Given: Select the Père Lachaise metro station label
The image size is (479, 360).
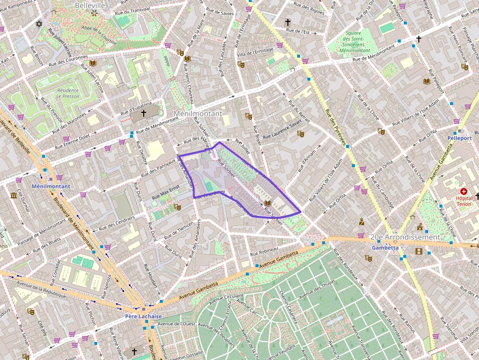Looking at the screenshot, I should tap(143, 316).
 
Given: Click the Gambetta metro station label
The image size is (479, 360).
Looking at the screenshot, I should tap(385, 247).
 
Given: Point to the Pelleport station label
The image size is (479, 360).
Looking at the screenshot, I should tap(459, 138).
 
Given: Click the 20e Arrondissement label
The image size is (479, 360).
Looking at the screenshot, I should tap(405, 237).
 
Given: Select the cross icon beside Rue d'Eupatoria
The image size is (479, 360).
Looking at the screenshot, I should tap(144, 113).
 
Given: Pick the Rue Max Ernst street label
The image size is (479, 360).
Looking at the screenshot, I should tap(166, 191).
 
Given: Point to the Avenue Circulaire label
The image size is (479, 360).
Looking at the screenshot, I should tap(227, 296).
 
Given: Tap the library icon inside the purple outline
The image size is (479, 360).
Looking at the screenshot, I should tap(267, 203).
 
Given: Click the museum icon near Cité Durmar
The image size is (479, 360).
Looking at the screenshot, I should tap(14, 195).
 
